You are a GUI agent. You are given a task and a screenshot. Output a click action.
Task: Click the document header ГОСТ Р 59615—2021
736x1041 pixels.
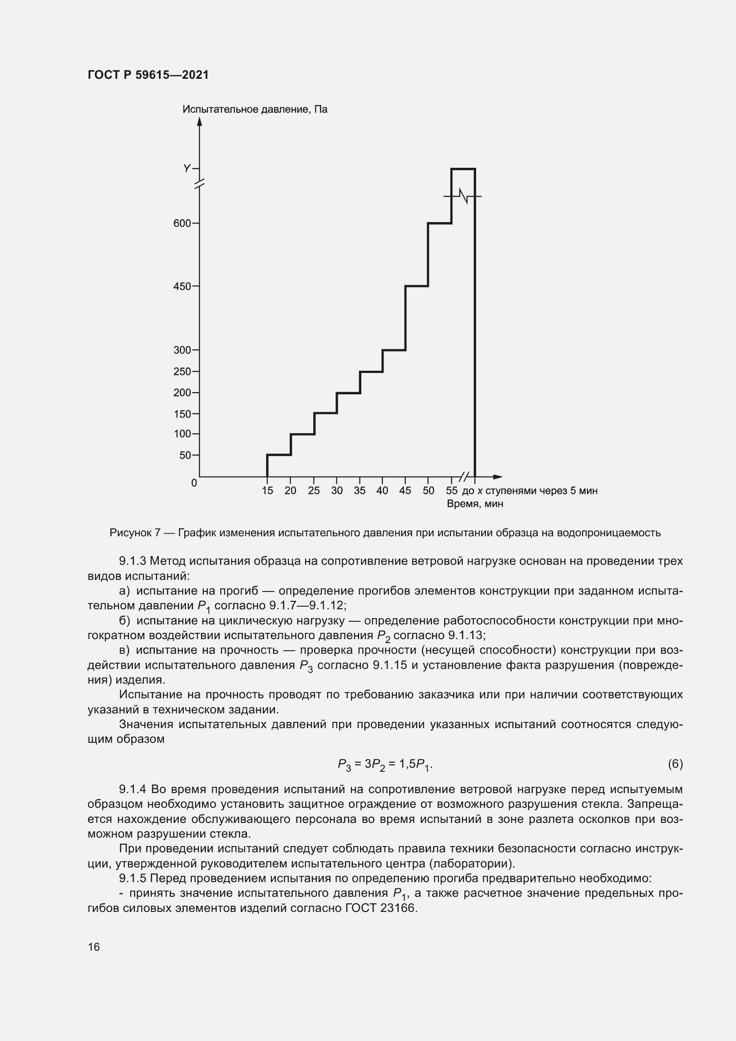148,75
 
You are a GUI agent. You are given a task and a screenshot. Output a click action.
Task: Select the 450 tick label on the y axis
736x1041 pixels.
182,287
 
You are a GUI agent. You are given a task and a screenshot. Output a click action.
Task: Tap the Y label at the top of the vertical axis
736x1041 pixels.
186,169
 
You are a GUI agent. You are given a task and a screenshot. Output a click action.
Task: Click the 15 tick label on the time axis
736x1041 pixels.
267,490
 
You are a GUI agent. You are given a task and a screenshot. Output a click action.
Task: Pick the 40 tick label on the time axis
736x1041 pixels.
382,490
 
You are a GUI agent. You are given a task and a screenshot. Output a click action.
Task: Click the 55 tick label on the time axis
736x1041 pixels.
452,490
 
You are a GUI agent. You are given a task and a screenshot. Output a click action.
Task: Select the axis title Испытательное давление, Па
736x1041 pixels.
255,109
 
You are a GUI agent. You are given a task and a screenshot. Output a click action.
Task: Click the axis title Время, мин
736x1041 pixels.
475,504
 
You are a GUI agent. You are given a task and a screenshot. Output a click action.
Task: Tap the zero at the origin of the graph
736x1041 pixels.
194,483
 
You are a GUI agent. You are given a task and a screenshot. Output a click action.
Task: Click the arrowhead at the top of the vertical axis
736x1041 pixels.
199,121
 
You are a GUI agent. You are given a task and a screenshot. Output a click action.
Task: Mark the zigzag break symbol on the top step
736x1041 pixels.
463,196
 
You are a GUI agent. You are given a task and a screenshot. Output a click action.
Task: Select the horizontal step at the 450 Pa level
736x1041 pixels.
417,286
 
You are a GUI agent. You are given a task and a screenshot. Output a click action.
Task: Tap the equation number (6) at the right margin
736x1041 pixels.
675,764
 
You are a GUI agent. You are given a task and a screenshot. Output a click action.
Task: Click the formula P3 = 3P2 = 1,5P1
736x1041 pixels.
385,765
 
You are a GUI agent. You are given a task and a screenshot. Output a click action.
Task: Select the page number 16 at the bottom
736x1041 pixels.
94,947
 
